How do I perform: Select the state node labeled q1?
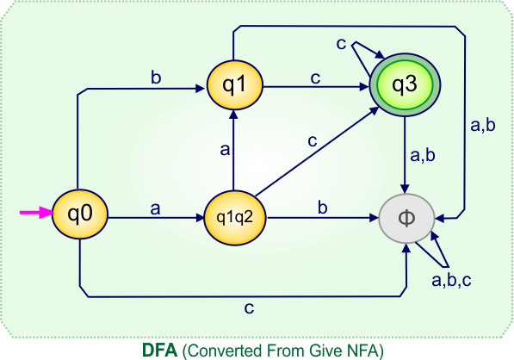[x=232, y=85]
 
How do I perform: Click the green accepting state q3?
[x=405, y=85]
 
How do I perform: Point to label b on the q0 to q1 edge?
[x=156, y=78]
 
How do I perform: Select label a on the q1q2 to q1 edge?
[x=224, y=149]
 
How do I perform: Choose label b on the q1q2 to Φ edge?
[x=323, y=207]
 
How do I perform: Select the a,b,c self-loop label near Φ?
[x=451, y=279]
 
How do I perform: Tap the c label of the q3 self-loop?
[x=342, y=43]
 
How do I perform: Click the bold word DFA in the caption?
[x=160, y=350]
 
